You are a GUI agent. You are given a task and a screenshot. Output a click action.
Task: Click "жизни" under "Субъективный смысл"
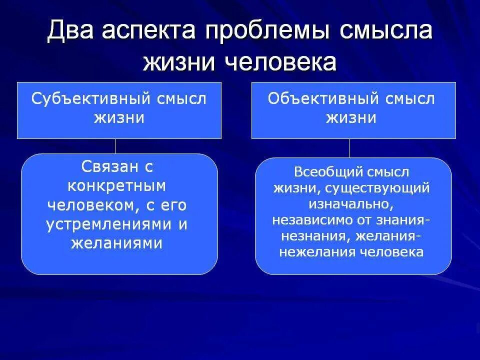[119, 118]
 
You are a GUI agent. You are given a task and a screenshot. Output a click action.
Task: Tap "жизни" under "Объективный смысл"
[351, 118]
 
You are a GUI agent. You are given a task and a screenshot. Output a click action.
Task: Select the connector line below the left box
[116, 146]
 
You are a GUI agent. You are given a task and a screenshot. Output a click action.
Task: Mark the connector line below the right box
[349, 148]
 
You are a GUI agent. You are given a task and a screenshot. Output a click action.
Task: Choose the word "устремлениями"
[110, 224]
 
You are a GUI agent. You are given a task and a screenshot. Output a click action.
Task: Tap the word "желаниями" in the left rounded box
[117, 243]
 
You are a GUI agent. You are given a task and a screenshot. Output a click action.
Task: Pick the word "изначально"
[351, 204]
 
